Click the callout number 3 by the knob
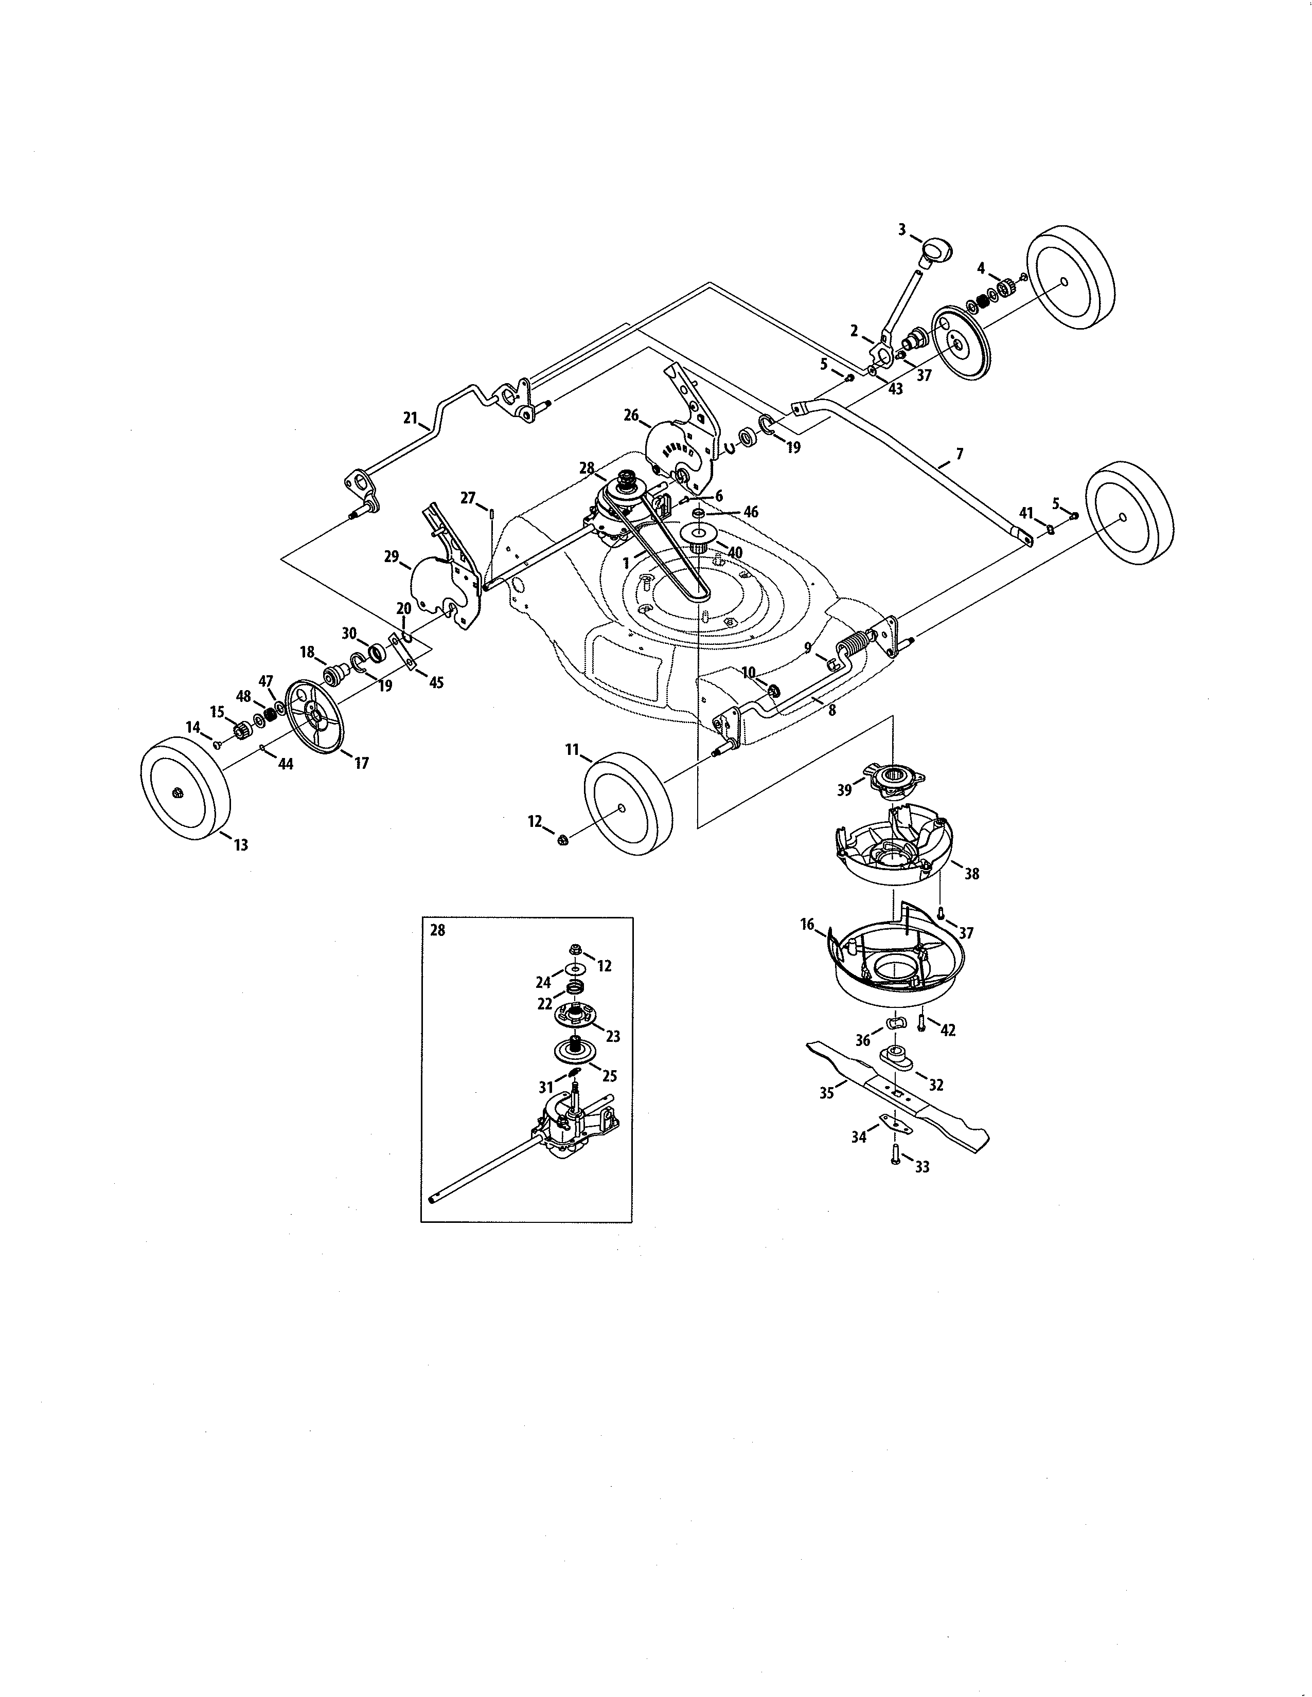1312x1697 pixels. [x=901, y=229]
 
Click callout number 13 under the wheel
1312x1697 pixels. [x=241, y=844]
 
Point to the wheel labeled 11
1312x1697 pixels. [x=628, y=803]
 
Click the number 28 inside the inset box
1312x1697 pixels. [x=438, y=931]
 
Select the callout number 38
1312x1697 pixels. [x=971, y=873]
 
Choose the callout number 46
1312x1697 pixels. [x=751, y=512]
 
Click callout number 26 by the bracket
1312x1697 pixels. [x=631, y=416]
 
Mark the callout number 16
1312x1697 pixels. [x=807, y=924]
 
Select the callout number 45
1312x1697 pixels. [x=436, y=683]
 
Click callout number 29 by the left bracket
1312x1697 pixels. [x=391, y=556]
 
